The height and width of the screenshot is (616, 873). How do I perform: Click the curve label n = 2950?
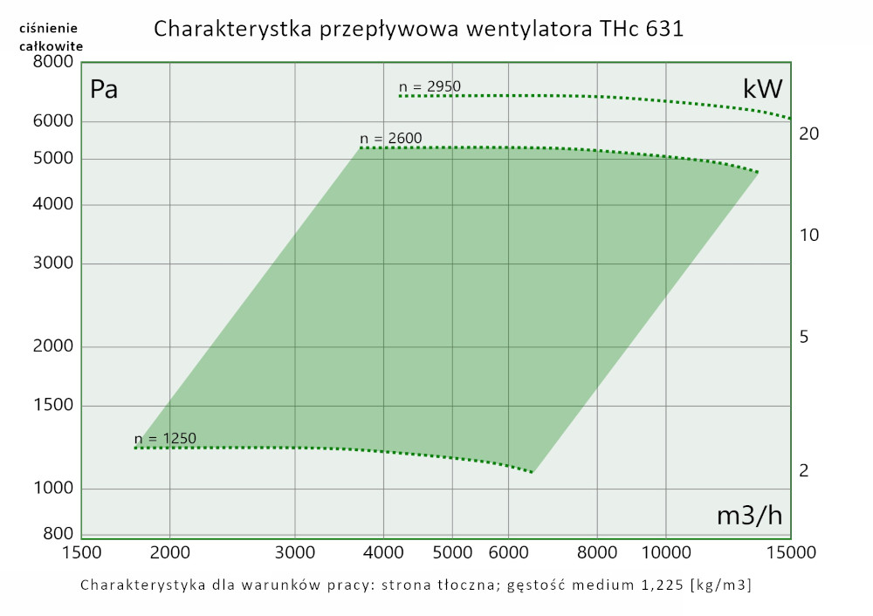[430, 86]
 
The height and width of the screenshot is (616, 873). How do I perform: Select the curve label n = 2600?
[390, 138]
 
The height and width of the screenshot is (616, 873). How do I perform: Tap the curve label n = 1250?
[165, 438]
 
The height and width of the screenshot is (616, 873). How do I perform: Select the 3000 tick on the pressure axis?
[52, 264]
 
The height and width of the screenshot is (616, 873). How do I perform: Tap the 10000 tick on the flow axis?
[666, 552]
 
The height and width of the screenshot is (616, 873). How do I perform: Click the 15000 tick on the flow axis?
[790, 552]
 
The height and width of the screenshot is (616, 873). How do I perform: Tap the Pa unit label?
[104, 89]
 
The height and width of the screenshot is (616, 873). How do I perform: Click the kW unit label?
[762, 89]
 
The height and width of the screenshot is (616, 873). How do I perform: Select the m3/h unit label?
[749, 516]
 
